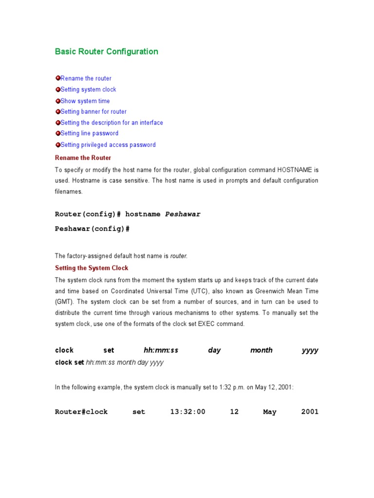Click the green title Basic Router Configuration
point(106,52)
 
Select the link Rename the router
point(86,78)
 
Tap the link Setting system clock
point(88,89)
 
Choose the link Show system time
point(85,101)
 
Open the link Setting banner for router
point(93,112)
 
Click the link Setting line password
point(89,133)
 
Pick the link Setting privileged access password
point(108,145)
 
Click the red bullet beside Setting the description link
point(57,123)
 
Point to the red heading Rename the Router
point(83,158)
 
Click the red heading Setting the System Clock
point(92,268)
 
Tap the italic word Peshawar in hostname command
point(183,214)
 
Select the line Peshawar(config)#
point(92,229)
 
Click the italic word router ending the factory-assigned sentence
point(178,256)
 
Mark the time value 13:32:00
point(187,412)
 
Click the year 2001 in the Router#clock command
point(310,412)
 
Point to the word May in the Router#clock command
point(269,412)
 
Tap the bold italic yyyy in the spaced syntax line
point(310,350)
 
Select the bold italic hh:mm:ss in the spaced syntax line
point(161,350)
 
